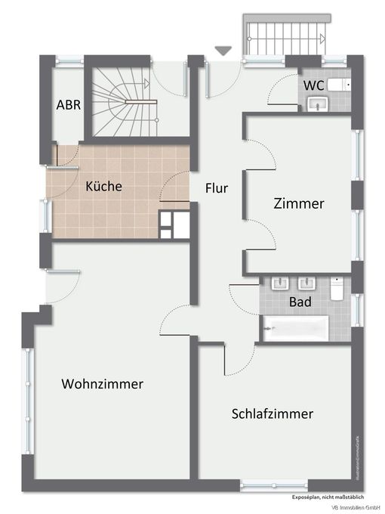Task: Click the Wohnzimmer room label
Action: [103, 384]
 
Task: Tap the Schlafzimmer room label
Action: [273, 413]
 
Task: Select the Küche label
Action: [103, 186]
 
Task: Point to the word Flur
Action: [217, 188]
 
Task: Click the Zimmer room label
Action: [299, 203]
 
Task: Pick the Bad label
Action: [300, 302]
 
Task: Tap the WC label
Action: [315, 85]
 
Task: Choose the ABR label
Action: [69, 105]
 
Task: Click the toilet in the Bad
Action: [337, 287]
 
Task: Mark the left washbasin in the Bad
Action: [280, 284]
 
